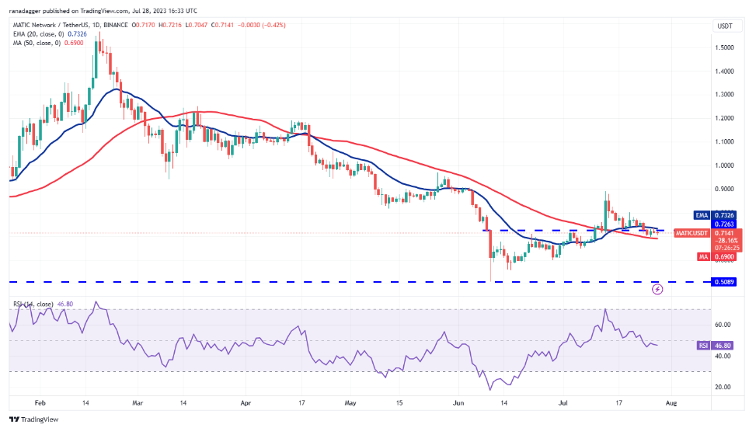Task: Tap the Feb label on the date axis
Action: [x=41, y=403]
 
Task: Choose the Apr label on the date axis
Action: [x=246, y=403]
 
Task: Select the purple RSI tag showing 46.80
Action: [x=713, y=346]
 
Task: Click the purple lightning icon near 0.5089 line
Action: [x=657, y=289]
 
